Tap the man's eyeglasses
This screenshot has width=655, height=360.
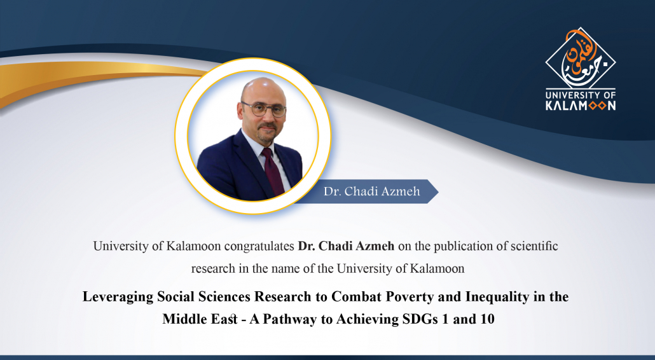(x=264, y=109)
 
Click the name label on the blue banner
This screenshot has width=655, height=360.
(x=372, y=191)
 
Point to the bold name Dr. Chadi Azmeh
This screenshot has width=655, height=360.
(x=346, y=246)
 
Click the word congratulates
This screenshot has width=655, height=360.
(x=259, y=246)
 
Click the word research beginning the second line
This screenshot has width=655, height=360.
(x=213, y=268)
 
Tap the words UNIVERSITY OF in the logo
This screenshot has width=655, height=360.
(x=581, y=95)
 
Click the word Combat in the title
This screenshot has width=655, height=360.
(x=357, y=296)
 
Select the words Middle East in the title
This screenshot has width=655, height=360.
(x=200, y=319)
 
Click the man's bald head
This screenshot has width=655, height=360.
(x=263, y=89)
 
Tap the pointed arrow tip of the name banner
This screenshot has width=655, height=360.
(x=438, y=191)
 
